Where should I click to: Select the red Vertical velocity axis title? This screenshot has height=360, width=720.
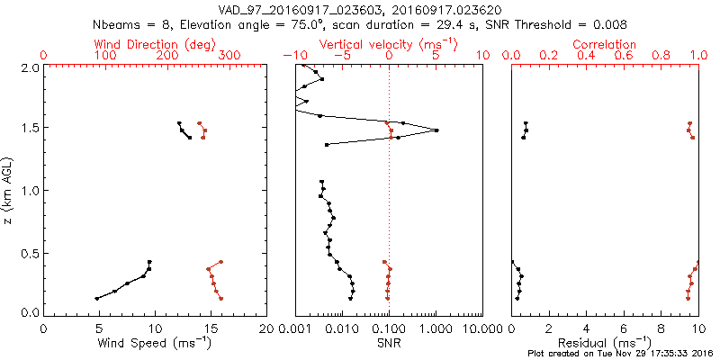tap(388, 44)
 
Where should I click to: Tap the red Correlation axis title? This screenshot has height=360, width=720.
tap(605, 44)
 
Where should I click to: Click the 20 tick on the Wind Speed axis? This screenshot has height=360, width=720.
tap(265, 328)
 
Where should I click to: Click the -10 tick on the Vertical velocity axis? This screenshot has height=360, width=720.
tap(292, 56)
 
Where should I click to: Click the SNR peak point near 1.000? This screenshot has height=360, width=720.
tap(436, 130)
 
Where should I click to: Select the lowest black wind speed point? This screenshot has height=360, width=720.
tap(96, 299)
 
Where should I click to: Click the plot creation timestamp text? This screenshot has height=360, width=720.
tap(620, 353)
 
